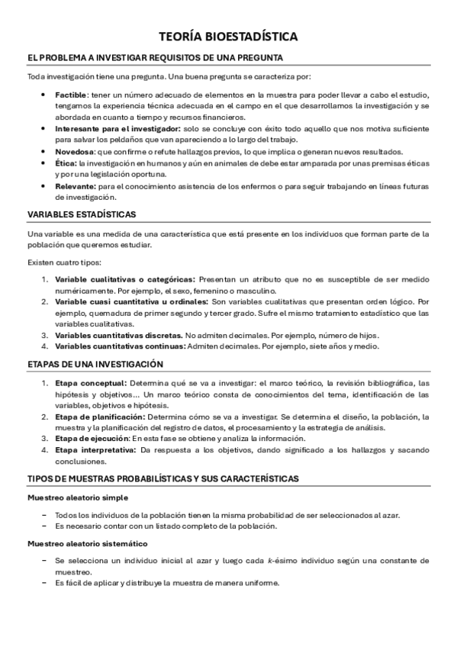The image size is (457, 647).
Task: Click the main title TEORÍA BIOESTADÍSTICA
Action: pyautogui.click(x=228, y=36)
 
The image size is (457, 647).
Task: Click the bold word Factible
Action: pyautogui.click(x=72, y=92)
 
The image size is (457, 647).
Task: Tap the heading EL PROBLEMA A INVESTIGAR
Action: pyautogui.click(x=154, y=57)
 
